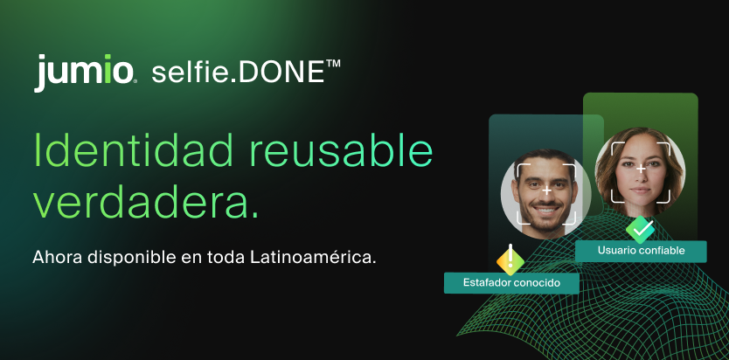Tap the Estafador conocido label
512,283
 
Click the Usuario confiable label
640,251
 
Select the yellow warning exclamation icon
510,259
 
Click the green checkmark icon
641,229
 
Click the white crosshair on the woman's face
641,168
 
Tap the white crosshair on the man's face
545,190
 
